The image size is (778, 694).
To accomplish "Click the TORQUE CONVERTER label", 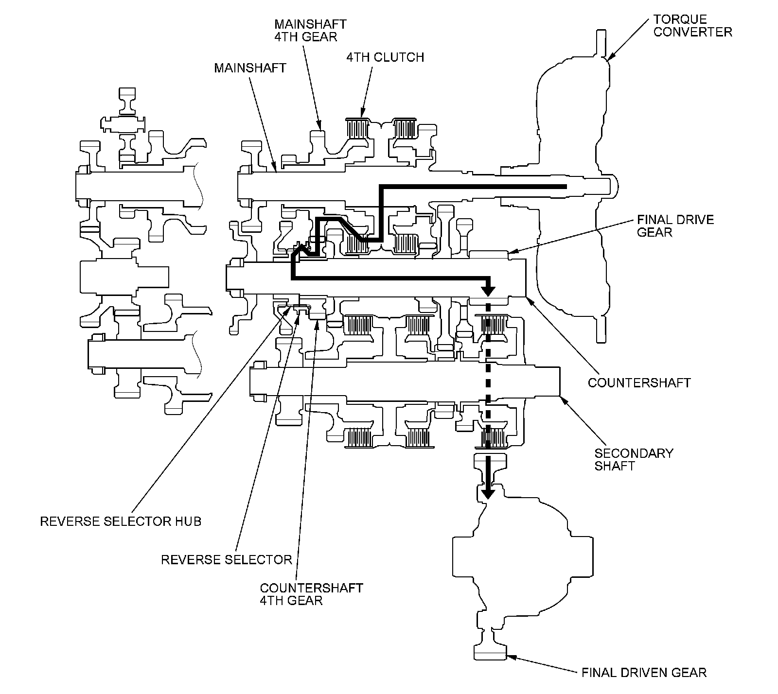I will coord(692,26).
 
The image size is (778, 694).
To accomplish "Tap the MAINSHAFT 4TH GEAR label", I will coord(310,30).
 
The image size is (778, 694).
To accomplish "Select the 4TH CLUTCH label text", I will coord(385,57).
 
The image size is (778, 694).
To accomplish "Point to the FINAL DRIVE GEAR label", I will coord(675,226).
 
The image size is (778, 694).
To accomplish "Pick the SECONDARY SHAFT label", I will coord(634,459).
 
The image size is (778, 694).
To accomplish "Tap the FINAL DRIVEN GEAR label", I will coord(644,673).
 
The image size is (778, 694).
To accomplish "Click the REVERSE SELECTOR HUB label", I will coord(121,521).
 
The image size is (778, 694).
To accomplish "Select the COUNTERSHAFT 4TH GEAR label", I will coord(311,594).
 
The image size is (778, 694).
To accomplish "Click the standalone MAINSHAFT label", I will coord(250,68).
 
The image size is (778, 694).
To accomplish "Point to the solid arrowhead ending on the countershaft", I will coord(488,291).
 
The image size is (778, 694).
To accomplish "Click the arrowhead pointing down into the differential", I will coord(488,493).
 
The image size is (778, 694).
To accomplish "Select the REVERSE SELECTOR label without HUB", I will coord(226,559).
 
